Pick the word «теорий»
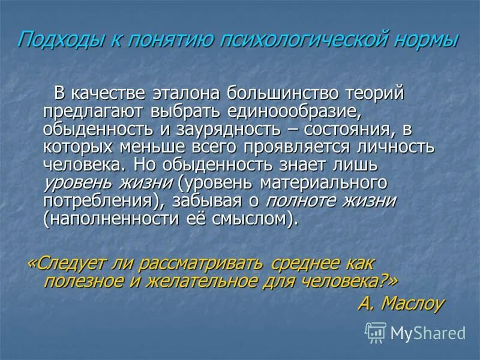(x=376, y=94)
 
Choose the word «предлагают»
(x=91, y=112)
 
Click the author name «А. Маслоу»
(x=400, y=303)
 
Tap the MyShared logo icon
(x=376, y=332)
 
